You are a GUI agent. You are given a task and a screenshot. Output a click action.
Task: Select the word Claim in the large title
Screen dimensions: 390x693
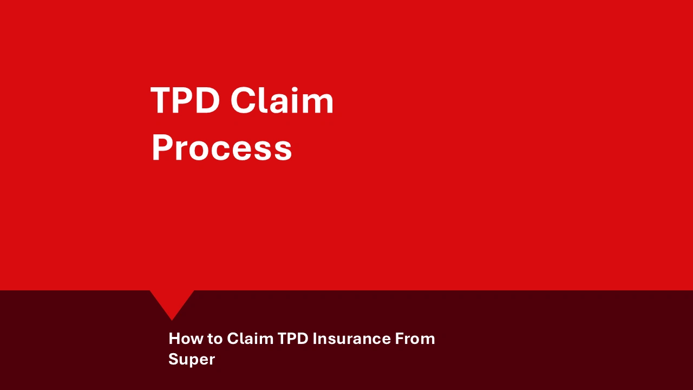point(282,101)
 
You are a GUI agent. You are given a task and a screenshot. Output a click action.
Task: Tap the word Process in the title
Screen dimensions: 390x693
point(221,148)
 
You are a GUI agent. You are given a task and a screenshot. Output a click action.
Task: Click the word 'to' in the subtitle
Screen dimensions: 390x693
point(215,339)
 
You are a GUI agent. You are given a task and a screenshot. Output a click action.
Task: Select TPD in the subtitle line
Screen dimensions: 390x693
point(292,339)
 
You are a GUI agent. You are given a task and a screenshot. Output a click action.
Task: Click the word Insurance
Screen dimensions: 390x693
point(351,339)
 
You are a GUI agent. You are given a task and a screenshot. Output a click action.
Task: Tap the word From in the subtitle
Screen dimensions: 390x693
point(415,339)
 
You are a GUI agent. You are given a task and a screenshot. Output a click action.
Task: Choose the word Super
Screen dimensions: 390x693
point(192,359)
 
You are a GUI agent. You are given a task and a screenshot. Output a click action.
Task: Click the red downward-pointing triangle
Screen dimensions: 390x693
point(172,303)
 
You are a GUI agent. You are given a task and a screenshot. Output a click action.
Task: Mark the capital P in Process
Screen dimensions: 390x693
point(162,148)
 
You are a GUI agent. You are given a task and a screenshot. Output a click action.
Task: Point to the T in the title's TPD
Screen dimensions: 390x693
point(161,101)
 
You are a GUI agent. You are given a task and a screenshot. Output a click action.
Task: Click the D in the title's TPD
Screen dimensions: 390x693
point(207,101)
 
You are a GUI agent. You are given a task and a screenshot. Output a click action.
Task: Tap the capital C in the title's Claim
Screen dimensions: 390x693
point(243,101)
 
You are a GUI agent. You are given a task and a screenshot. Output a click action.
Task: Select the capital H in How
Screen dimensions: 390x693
point(174,339)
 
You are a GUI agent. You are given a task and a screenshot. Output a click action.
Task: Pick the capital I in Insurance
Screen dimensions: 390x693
point(315,339)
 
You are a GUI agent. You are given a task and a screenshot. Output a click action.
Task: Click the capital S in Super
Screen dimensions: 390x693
point(173,359)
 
